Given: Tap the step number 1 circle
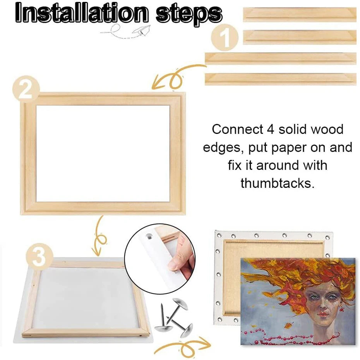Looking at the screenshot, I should (225, 38).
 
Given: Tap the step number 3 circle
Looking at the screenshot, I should (39, 256).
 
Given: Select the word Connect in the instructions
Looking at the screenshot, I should (237, 129).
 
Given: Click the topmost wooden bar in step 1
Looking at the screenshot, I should (300, 15).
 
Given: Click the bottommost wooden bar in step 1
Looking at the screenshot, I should (280, 79).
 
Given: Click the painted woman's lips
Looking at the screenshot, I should (319, 319).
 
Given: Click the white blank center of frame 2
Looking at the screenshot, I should (103, 153).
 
